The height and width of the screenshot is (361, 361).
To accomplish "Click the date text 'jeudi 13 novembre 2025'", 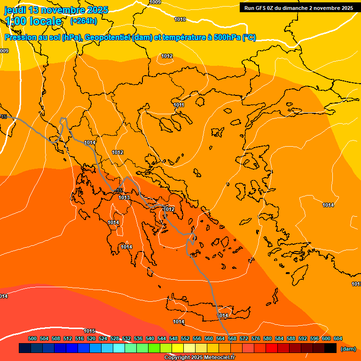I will pyautogui.click(x=56, y=10).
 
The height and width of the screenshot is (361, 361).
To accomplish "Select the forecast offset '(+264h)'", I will pyautogui.click(x=83, y=21).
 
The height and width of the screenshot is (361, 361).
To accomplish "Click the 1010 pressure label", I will pyautogui.click(x=180, y=19).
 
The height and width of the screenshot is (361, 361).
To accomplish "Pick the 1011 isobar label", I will pyautogui.click(x=179, y=105).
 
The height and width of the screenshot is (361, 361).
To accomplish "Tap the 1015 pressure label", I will pyautogui.click(x=89, y=331).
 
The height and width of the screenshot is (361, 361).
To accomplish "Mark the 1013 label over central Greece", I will pyautogui.click(x=124, y=198).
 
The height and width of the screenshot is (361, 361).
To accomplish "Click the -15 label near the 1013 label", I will pyautogui.click(x=119, y=190).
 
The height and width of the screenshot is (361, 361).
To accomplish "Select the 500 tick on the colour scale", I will pyautogui.click(x=32, y=338).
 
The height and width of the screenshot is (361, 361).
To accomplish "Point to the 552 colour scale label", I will pyautogui.click(x=185, y=338).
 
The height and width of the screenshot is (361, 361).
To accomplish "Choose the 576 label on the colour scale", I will pyautogui.click(x=256, y=338).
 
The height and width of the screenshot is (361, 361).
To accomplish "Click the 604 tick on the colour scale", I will pyautogui.click(x=337, y=338).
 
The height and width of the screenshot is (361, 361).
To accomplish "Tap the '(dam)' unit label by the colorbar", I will pyautogui.click(x=348, y=349).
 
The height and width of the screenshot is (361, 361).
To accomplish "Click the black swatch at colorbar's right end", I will pyautogui.click(x=330, y=348).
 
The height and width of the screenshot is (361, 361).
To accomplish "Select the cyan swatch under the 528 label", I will pyautogui.click(x=119, y=348).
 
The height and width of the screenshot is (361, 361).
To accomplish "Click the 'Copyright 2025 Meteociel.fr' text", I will pyautogui.click(x=199, y=357).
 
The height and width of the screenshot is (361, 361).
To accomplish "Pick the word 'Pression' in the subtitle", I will pyautogui.click(x=19, y=38).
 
